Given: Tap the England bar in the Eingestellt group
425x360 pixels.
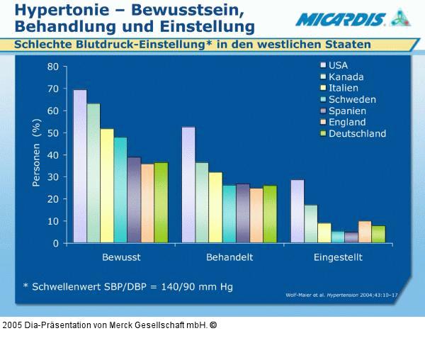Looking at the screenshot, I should coord(365,232).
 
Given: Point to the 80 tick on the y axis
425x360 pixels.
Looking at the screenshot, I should coord(53,67).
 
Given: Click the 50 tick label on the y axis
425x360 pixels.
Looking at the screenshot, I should coord(53,133).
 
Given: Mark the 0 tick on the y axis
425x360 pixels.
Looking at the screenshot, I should coord(55,243).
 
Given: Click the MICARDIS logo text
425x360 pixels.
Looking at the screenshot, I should coord(341,18).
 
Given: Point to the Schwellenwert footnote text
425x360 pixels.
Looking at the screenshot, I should coord(127,287).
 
